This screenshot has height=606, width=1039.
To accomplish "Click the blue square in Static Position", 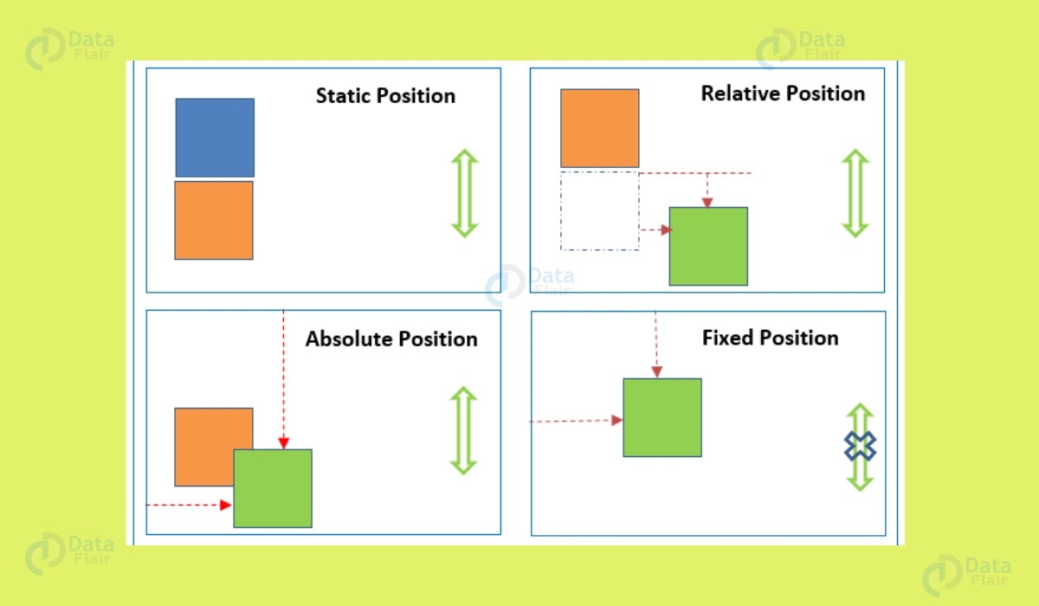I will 215,138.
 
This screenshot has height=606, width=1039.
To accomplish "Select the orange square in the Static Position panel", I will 214,220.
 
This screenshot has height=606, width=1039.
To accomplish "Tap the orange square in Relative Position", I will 600,128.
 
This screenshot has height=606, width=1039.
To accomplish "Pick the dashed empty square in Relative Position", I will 600,211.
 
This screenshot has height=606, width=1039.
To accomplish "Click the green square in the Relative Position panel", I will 708,246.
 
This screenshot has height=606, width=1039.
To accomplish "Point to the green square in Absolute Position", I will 273,488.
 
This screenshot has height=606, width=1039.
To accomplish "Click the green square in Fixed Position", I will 662,417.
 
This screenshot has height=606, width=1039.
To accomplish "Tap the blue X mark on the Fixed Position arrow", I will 860,447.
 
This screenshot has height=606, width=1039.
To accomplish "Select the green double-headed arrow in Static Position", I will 465,193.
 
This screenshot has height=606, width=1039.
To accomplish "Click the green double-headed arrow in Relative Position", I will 855,193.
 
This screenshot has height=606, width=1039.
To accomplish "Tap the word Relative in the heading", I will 734,93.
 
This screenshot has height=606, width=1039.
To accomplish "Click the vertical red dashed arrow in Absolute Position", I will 283,381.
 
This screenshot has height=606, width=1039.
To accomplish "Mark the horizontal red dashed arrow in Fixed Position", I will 576,421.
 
